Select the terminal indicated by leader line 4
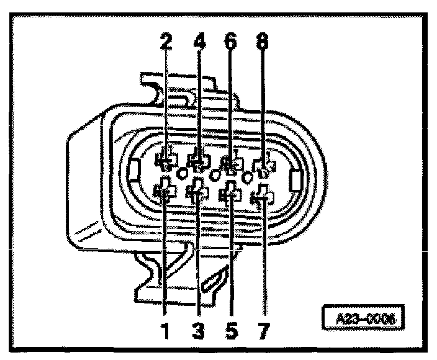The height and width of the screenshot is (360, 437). pyautogui.click(x=199, y=162)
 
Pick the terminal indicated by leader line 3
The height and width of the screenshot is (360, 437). pyautogui.click(x=198, y=192)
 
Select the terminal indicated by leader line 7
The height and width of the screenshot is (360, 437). pyautogui.click(x=263, y=197)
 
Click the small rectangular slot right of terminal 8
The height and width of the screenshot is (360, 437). pyautogui.click(x=295, y=181)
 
